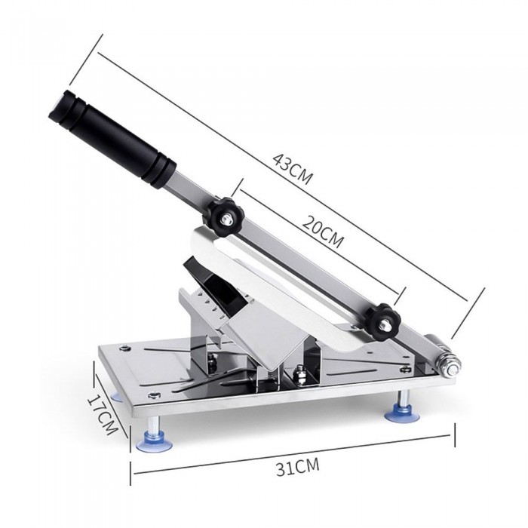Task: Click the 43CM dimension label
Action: pos(292,170)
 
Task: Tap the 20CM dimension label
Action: pos(322,231)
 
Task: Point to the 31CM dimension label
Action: pos(298,468)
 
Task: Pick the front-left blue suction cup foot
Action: pos(154,443)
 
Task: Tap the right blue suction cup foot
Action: pos(402,413)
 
